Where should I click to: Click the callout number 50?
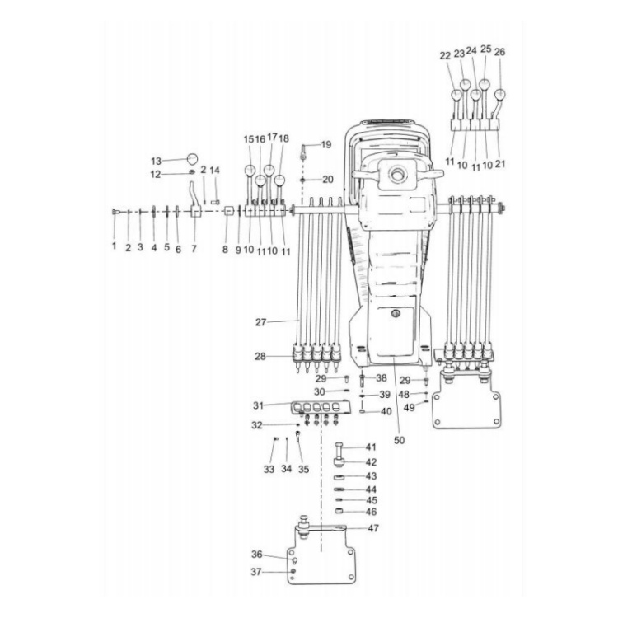(400, 440)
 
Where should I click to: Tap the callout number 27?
(261, 322)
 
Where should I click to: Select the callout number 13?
(156, 161)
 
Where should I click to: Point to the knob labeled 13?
(192, 158)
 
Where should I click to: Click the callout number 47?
(372, 527)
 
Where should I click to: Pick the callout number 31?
(258, 405)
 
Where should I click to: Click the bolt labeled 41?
(339, 449)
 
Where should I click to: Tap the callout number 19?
(326, 145)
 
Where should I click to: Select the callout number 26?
(499, 52)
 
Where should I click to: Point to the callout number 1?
(115, 246)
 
